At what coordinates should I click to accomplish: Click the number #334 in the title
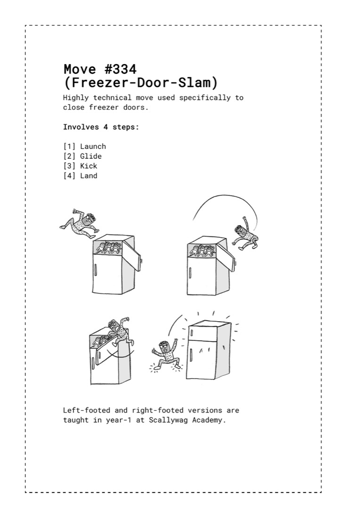coord(120,69)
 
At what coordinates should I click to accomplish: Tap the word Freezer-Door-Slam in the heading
coord(141,82)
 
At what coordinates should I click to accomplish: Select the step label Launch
coord(93,146)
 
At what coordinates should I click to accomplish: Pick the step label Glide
coord(90,156)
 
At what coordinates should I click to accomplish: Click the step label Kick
coord(89,166)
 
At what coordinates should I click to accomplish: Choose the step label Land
coord(89,176)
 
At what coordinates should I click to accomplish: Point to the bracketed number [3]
coord(69,166)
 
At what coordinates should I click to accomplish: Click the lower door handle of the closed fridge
coord(191,356)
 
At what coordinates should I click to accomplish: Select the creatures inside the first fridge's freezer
coord(108,248)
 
